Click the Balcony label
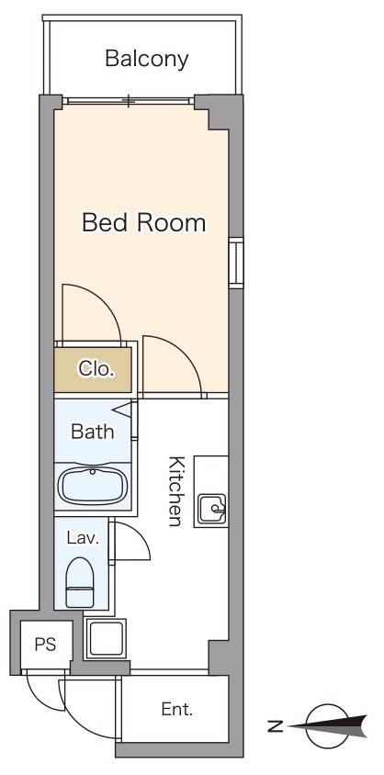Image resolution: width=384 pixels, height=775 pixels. coord(147,60)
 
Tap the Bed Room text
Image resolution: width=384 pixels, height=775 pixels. coord(143,223)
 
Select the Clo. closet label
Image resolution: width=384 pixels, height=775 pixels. coord(96,369)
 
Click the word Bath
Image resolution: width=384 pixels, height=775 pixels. coord(93,431)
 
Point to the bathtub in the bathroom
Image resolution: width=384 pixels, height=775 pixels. coord(93,487)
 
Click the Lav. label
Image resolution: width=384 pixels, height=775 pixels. coord(83,538)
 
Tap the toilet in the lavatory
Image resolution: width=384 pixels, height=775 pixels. coord(80,582)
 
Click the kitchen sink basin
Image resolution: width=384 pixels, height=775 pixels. coord(212,508)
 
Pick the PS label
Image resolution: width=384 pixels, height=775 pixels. coord(45,645)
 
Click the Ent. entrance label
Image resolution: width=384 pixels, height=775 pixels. coord(177,710)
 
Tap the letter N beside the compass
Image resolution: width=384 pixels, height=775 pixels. coord(276,726)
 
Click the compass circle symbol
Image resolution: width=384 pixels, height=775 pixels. coord(327,726)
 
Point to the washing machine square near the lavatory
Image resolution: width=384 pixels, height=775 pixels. coord(106,638)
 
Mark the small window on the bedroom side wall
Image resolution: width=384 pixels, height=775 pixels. coord(236,263)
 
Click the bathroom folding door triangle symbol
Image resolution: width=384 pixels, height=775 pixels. coord(123,409)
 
